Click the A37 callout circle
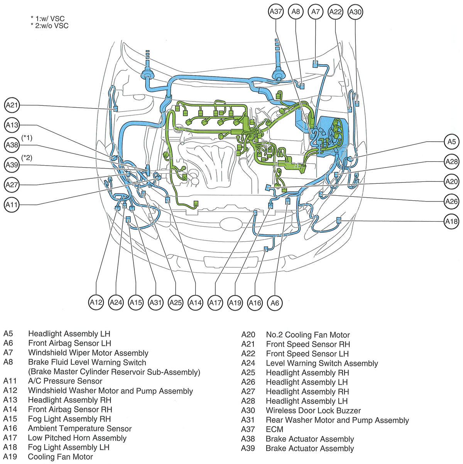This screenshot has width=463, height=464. coord(276,12)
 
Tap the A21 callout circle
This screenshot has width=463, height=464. coord(12,105)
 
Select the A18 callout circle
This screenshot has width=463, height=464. coord(451,222)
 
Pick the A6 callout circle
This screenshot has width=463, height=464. coord(275,303)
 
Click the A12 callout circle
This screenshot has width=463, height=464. coord(96,303)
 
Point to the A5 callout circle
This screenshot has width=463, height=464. coord(451,142)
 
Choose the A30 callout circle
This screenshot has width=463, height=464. coord(355,12)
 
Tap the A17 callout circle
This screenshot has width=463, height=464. coord(215,303)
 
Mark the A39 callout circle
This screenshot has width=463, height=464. coord(12,165)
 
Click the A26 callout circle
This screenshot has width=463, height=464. coord(451,202)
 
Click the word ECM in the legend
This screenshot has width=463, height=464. coord(274,429)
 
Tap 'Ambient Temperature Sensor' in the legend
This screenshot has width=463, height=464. coord(79,428)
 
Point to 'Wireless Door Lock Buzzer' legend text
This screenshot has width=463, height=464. coord(313,410)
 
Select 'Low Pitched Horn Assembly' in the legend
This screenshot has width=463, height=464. coord(77,438)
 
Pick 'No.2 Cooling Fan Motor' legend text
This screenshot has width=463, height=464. coord(308,335)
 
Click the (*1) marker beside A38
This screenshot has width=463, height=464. coord(27,138)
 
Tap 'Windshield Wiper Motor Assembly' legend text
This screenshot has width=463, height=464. coord(88,353)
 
